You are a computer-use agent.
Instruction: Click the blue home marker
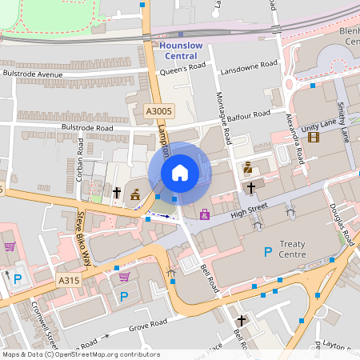[180, 173]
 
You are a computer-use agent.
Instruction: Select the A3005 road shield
[159, 111]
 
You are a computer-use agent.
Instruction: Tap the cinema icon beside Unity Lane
[313, 137]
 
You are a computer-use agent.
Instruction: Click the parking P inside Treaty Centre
[268, 252]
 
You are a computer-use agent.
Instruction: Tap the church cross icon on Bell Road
[241, 320]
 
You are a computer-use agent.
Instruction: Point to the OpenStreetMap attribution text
[81, 354]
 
